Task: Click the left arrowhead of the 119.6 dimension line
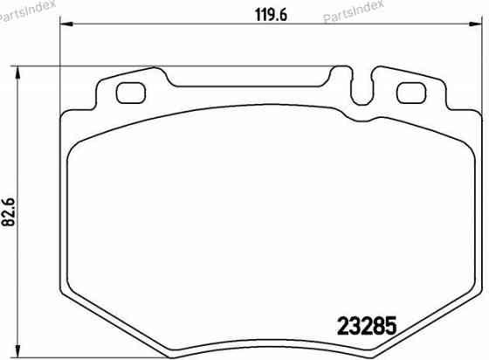coord(64,27)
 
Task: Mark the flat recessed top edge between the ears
coord(253,86)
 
